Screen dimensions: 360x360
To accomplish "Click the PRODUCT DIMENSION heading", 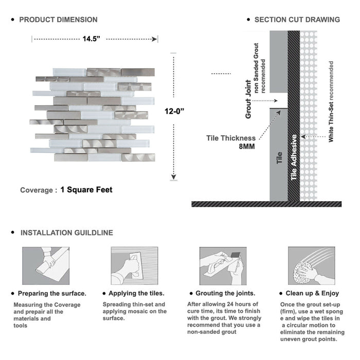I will [x=58, y=20].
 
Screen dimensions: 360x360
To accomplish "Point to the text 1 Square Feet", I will [x=86, y=190].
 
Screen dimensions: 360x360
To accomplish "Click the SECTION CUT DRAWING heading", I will [x=297, y=20].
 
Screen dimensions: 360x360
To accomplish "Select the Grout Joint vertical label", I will [x=248, y=99].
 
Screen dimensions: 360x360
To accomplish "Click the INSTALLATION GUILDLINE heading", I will [x=66, y=232].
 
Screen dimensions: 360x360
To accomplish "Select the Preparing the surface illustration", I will [x=45, y=266].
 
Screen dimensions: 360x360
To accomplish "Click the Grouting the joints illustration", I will [x=223, y=266].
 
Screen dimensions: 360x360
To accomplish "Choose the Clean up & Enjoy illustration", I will [x=311, y=266].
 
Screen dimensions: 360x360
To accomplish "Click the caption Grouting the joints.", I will [x=225, y=293].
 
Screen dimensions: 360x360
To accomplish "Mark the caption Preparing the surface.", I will [x=52, y=293].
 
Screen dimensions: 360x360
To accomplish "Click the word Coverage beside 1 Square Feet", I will [x=36, y=190].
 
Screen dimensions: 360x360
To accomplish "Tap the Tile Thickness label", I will [x=231, y=138].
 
